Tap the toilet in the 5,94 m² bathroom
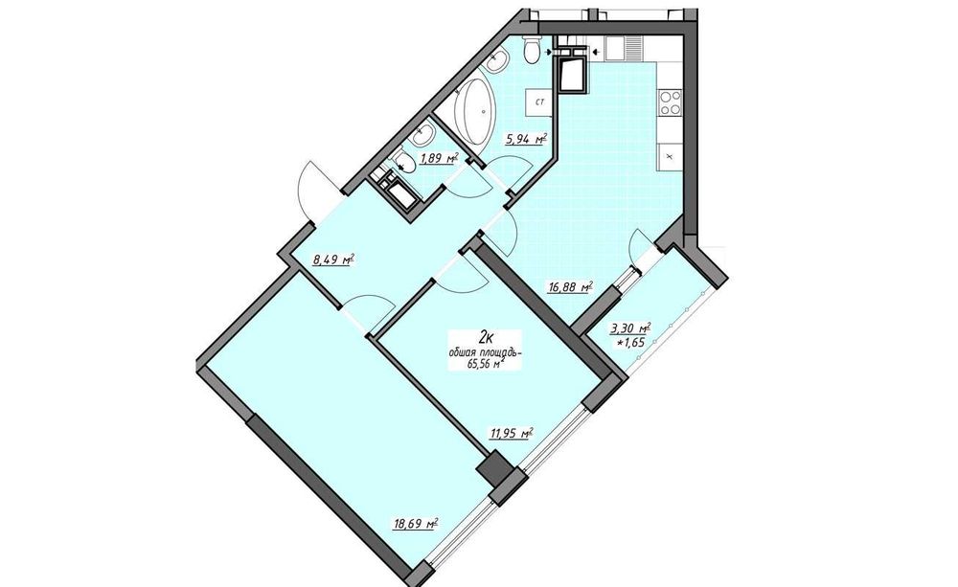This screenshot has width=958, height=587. (x=532, y=49)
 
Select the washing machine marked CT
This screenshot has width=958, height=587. (x=540, y=102)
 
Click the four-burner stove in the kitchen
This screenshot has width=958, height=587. (x=669, y=102)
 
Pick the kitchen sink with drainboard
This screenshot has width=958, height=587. (x=624, y=49)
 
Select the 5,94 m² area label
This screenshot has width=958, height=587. (x=525, y=139)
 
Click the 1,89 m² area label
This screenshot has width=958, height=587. (x=438, y=159)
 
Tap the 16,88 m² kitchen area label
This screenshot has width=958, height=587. (x=571, y=286)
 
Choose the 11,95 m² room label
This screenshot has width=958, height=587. (x=512, y=434)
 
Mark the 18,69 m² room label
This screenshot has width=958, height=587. (x=416, y=524)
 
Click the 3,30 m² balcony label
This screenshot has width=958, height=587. (x=630, y=328)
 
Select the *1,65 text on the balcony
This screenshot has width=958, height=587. (x=631, y=343)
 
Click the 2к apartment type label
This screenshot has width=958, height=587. (x=487, y=336)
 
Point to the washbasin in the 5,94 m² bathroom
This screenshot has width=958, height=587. (x=500, y=59)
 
